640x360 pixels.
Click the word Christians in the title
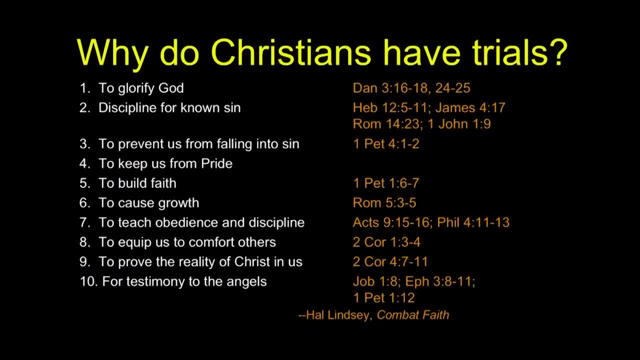(291, 53)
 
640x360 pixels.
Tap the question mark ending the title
(557, 52)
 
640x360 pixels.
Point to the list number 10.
(89, 281)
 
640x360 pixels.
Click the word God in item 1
(171, 88)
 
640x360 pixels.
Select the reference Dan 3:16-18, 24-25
(411, 88)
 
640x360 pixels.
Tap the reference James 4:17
(470, 107)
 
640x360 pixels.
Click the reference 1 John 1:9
(459, 124)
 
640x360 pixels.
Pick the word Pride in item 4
(216, 163)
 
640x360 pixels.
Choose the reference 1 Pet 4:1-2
(386, 143)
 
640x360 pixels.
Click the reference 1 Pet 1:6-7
(386, 183)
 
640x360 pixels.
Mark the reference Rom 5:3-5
(384, 203)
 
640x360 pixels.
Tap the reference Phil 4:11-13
(473, 222)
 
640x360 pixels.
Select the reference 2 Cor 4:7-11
(390, 261)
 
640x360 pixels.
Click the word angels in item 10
(246, 282)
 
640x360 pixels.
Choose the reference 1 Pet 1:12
(384, 298)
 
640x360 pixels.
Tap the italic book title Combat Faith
(413, 315)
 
